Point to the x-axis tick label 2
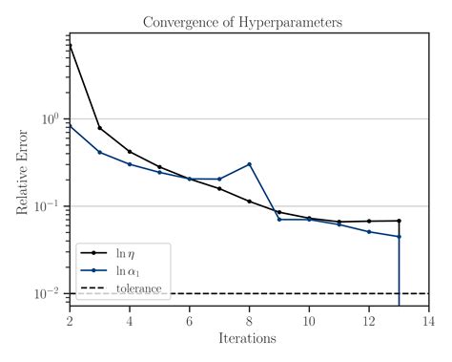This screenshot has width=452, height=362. click(x=70, y=320)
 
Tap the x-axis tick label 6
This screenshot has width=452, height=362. click(x=189, y=320)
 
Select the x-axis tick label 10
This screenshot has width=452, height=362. click(x=309, y=320)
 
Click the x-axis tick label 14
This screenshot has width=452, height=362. click(x=428, y=320)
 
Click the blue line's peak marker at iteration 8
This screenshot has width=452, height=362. click(x=249, y=164)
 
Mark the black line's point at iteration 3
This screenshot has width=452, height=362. click(x=99, y=128)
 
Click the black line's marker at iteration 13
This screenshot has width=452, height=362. click(x=399, y=221)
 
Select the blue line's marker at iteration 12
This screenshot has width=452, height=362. click(x=369, y=232)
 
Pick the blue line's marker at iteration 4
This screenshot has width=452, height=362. click(x=130, y=164)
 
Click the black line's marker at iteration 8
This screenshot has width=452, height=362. click(x=249, y=202)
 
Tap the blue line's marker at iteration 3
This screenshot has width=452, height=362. click(x=99, y=152)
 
